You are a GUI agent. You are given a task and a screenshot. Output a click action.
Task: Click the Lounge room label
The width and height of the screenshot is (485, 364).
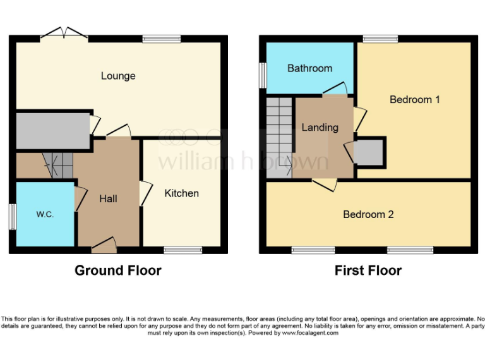pyautogui.click(x=118, y=76)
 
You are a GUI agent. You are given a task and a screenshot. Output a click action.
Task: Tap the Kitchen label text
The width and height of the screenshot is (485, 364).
pyautogui.click(x=182, y=193)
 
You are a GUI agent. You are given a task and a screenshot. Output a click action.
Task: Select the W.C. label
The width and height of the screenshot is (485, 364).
pyautogui.click(x=44, y=214)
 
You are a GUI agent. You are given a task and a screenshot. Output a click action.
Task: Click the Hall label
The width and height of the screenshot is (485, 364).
pyautogui.click(x=108, y=198)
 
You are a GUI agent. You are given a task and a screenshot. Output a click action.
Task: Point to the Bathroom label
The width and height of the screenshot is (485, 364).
pyautogui.click(x=309, y=68)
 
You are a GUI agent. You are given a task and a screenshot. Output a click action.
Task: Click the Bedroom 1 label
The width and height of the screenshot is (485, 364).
pyautogui.click(x=414, y=99)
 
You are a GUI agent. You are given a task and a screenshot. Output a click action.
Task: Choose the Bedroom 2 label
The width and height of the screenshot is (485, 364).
pyautogui.click(x=368, y=214)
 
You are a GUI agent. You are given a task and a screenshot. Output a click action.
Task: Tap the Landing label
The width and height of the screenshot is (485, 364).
pyautogui.click(x=320, y=127)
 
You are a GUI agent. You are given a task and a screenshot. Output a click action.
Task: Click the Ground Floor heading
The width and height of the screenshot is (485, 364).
pyautogui.click(x=118, y=270)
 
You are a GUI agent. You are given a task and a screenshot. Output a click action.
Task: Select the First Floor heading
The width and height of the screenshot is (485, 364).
pyautogui.click(x=368, y=270)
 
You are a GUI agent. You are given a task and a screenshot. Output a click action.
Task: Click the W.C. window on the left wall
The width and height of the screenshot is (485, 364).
pyautogui.click(x=12, y=217)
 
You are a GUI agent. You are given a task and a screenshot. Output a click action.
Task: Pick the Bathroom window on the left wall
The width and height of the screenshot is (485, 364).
pyautogui.click(x=262, y=75)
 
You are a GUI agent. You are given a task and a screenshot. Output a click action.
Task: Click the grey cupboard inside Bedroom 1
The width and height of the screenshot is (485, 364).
pyautogui.click(x=370, y=152)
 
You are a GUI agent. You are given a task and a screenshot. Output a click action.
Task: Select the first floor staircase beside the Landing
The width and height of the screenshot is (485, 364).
pyautogui.click(x=278, y=137)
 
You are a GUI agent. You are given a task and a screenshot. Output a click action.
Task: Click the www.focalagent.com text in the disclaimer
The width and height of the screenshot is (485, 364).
pyautogui.click(x=309, y=332)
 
